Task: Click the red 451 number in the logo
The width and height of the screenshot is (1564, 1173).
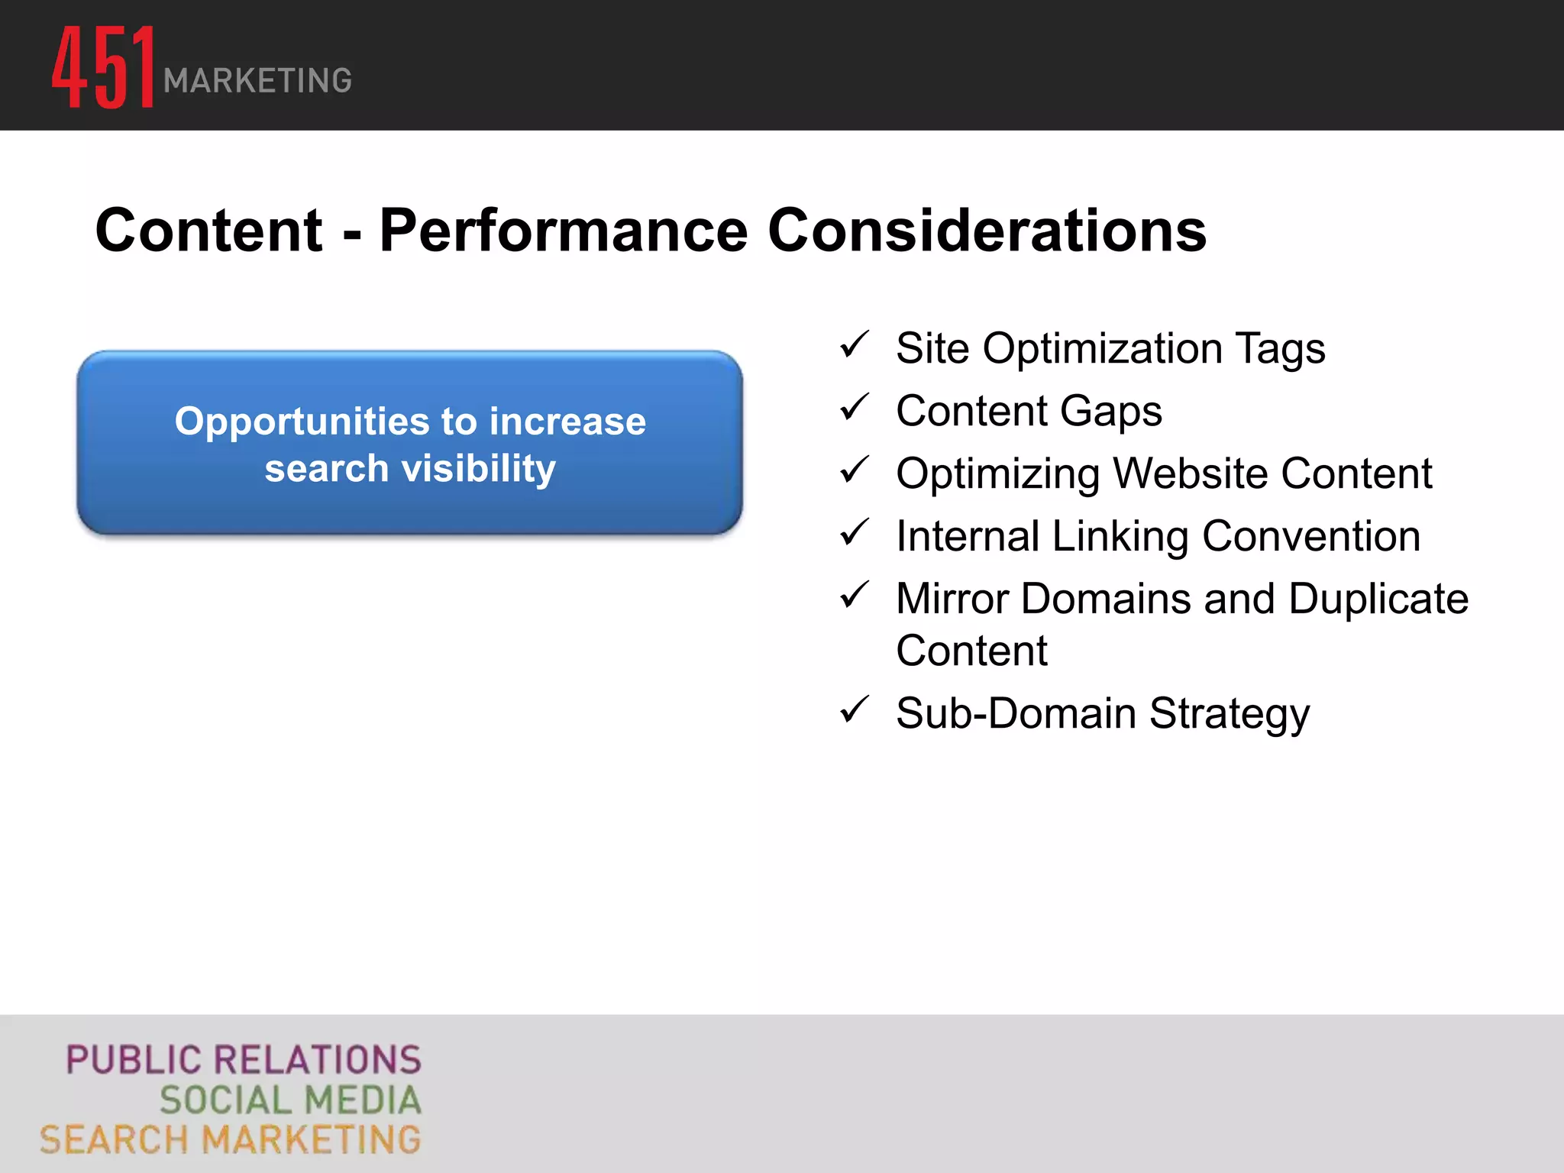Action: pyautogui.click(x=103, y=67)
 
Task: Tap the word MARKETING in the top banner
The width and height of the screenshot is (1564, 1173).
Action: pyautogui.click(x=257, y=81)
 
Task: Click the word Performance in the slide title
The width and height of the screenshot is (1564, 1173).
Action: pyautogui.click(x=564, y=231)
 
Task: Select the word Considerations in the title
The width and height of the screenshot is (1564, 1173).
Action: pyautogui.click(x=987, y=231)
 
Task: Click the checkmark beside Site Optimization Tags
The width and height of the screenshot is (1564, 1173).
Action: pyautogui.click(x=854, y=345)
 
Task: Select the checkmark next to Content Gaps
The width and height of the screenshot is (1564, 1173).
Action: pyautogui.click(x=854, y=408)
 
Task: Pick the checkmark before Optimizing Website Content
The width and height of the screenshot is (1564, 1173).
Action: pyautogui.click(x=854, y=470)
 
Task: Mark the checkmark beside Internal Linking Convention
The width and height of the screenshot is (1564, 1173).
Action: pyautogui.click(x=854, y=533)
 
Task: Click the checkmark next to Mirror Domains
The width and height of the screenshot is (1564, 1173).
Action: pyautogui.click(x=854, y=596)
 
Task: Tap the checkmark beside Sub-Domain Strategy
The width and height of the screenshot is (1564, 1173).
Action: pyautogui.click(x=854, y=710)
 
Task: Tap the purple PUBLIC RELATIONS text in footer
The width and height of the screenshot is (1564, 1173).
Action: pyautogui.click(x=243, y=1061)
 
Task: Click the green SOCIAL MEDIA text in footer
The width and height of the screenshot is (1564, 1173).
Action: pyautogui.click(x=290, y=1100)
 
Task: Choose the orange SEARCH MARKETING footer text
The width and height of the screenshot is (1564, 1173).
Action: pyautogui.click(x=230, y=1140)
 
